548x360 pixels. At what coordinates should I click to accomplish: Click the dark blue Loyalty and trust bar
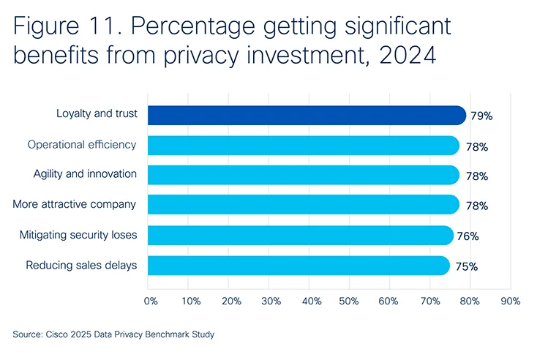tap(307, 115)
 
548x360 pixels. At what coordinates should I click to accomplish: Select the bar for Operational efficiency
tap(303, 146)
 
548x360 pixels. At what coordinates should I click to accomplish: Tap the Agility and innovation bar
tap(303, 175)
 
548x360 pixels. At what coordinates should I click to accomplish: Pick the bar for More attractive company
tap(303, 204)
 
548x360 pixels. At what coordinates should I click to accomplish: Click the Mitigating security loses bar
tap(300, 235)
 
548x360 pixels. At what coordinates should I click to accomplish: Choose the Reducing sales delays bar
tap(298, 266)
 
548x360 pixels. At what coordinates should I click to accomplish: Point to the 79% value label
tap(481, 116)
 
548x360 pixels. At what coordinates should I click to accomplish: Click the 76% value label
tap(468, 236)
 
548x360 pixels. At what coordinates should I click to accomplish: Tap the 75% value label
tap(466, 266)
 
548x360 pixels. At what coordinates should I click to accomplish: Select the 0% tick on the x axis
tap(151, 301)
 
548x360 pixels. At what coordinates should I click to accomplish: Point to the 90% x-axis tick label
tap(510, 301)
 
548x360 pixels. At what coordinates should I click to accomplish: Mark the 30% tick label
tap(271, 301)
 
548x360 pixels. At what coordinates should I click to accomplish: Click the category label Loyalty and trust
tap(96, 114)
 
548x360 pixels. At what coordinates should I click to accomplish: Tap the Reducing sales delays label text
tap(81, 265)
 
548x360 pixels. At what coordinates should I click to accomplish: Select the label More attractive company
tap(75, 204)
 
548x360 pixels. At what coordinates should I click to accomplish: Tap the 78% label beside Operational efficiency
tap(476, 146)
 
